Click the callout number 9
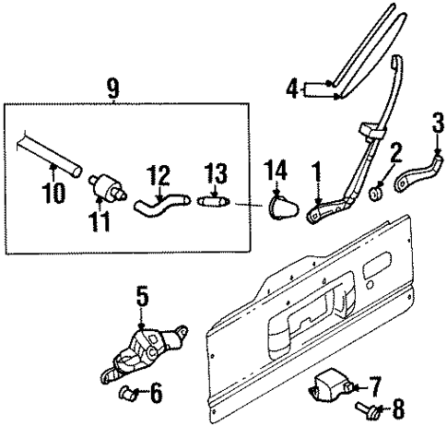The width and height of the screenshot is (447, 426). tap(112, 89)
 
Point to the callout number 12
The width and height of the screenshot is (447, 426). tap(159, 172)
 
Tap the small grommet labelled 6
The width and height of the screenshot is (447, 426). tap(129, 396)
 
